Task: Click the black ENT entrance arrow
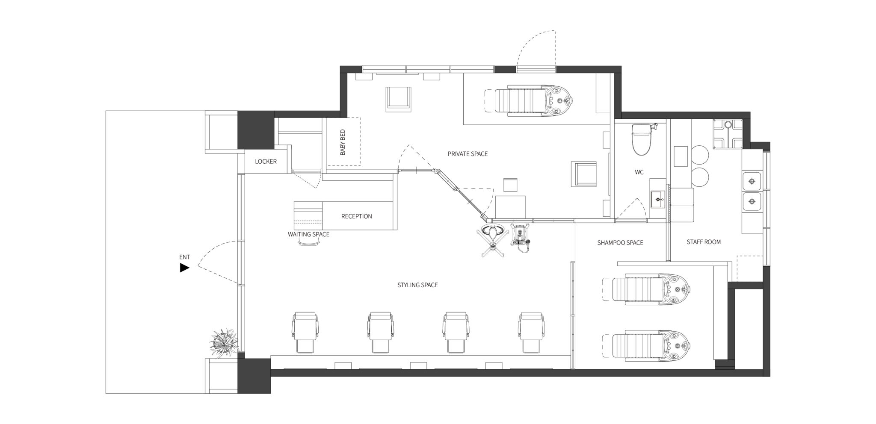[184, 268]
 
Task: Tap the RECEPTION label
[356, 216]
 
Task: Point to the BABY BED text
[343, 142]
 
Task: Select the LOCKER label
[266, 162]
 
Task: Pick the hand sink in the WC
[658, 199]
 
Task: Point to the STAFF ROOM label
[704, 242]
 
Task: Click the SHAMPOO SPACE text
[620, 243]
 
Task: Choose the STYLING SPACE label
[417, 285]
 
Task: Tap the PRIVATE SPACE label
[468, 154]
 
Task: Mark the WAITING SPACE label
[308, 234]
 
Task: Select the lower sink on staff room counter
[752, 201]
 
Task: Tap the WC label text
[639, 172]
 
